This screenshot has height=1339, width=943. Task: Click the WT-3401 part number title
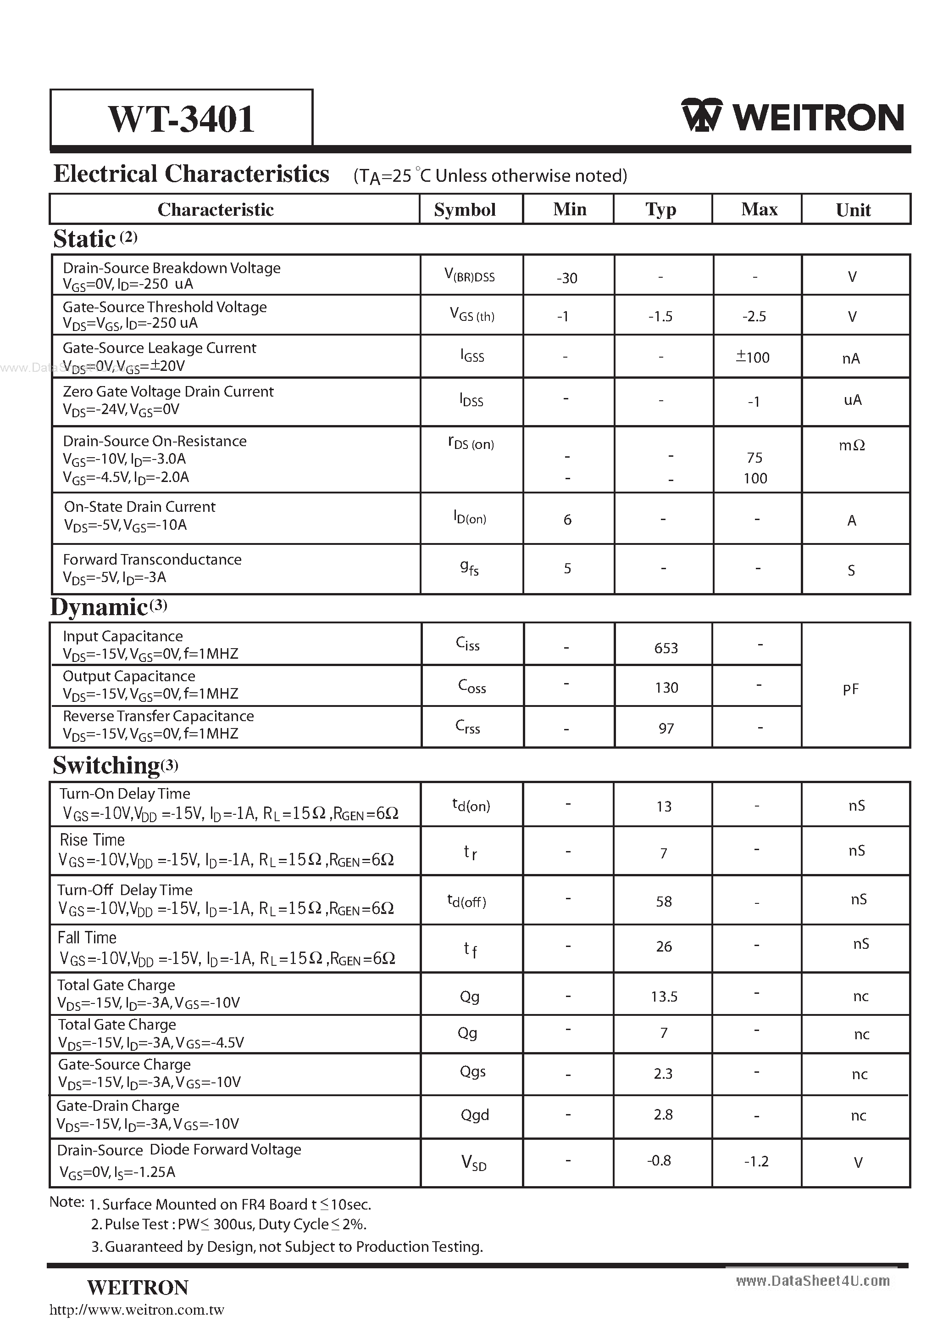(181, 119)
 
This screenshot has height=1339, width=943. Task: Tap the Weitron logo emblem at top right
(702, 116)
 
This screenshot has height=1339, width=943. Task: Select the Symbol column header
(465, 210)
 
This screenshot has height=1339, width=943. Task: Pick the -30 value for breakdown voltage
(566, 278)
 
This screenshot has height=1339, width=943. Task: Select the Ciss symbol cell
(467, 644)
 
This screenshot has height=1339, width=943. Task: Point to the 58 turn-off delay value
(664, 902)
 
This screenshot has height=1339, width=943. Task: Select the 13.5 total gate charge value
(664, 997)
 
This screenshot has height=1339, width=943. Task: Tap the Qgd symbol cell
(474, 1115)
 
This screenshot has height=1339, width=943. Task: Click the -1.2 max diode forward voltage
(756, 1162)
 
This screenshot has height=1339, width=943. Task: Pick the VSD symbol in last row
(473, 1163)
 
